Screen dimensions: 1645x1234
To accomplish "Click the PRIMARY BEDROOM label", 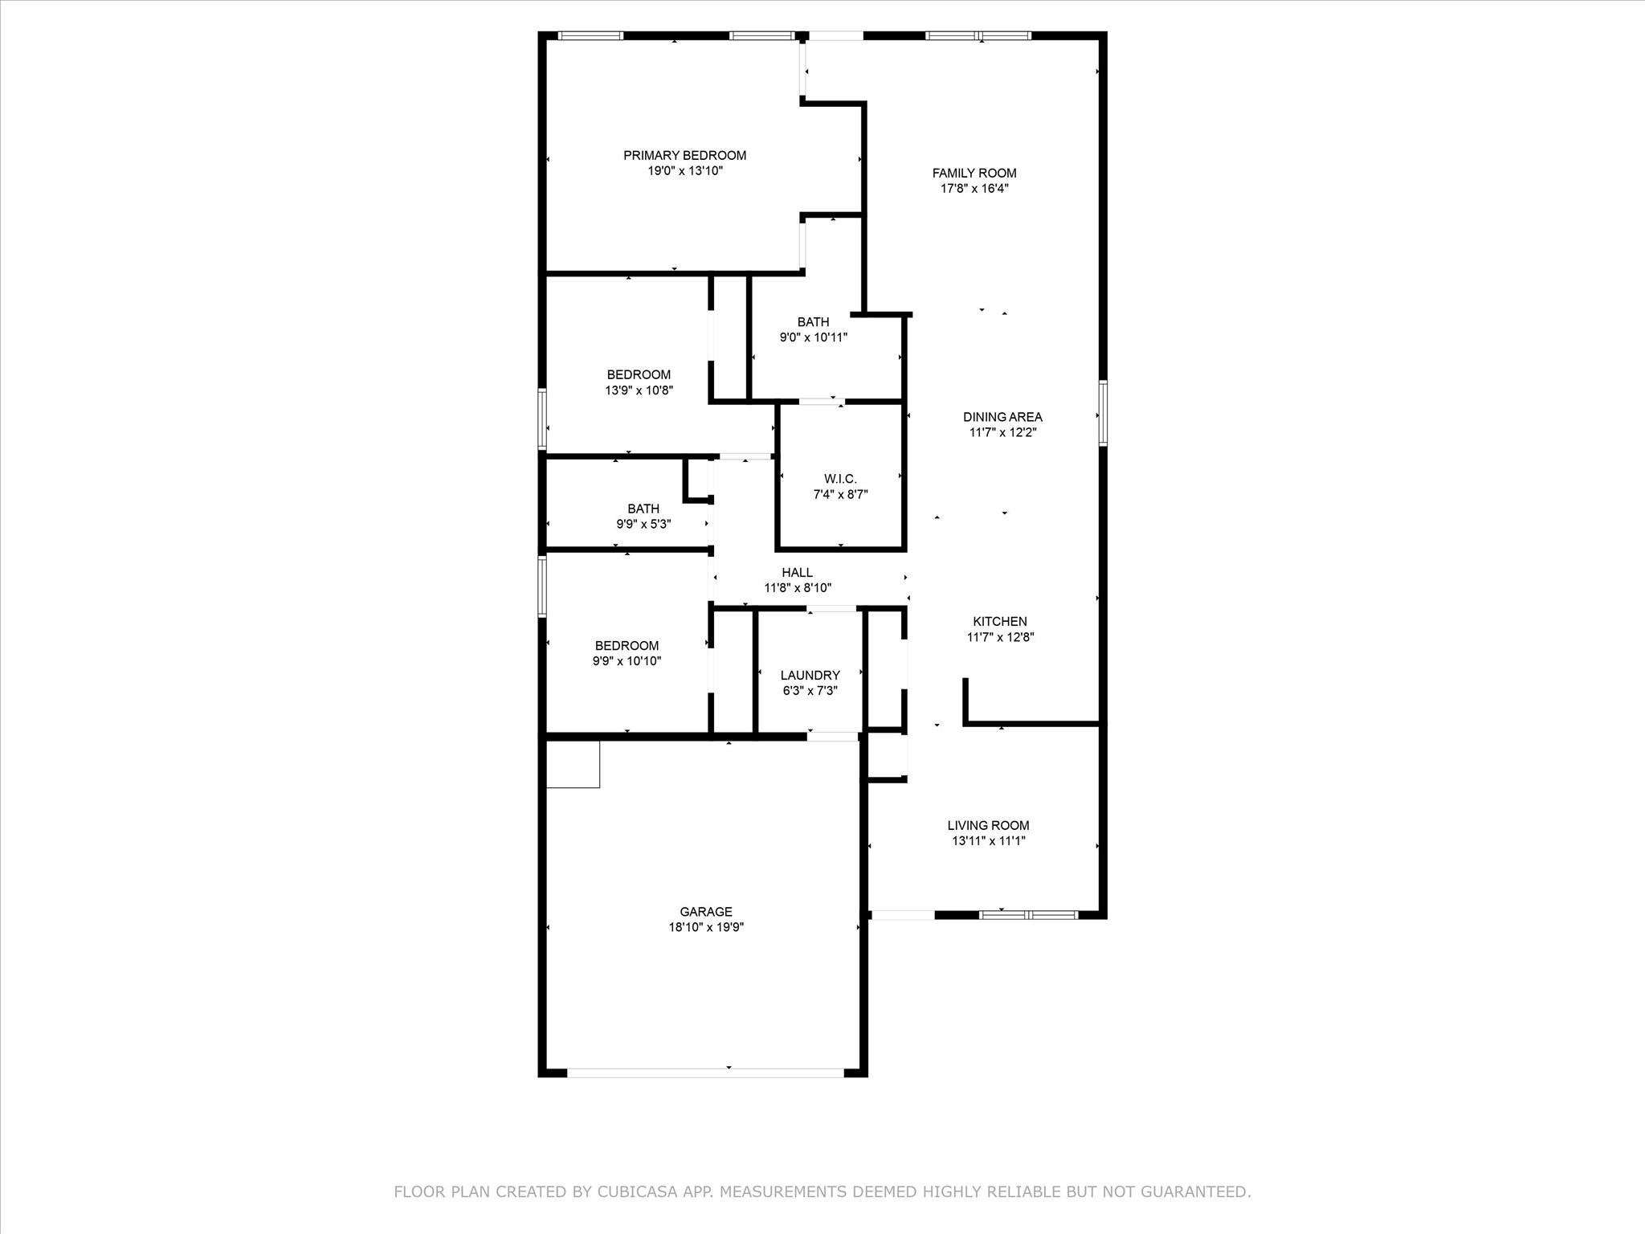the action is [684, 155].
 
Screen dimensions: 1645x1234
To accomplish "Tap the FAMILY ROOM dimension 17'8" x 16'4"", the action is [974, 189].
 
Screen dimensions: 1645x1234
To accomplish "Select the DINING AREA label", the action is [1002, 417].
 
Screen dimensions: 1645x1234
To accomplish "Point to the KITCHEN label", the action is [1000, 621].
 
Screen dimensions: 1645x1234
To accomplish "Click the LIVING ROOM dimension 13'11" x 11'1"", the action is [988, 841].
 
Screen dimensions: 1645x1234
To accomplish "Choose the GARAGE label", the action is [706, 912].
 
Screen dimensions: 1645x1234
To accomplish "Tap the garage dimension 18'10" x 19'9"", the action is [706, 927].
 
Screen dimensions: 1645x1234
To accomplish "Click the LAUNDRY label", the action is [810, 676].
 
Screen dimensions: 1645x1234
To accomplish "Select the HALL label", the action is [797, 572].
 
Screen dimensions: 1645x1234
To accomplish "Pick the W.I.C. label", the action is [840, 479].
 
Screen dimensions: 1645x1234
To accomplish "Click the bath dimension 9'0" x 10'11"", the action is [813, 338].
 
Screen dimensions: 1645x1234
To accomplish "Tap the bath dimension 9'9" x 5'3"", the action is [643, 524].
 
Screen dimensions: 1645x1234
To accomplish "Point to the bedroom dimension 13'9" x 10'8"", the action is [639, 390].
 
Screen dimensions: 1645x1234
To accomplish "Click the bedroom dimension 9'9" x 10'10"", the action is [627, 661].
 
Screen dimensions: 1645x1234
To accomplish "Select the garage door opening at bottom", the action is [705, 1072].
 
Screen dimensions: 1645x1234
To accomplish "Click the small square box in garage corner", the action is [573, 763].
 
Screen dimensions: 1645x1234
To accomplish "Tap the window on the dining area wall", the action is [1103, 413].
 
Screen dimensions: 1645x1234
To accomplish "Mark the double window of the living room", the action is [1028, 914].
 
